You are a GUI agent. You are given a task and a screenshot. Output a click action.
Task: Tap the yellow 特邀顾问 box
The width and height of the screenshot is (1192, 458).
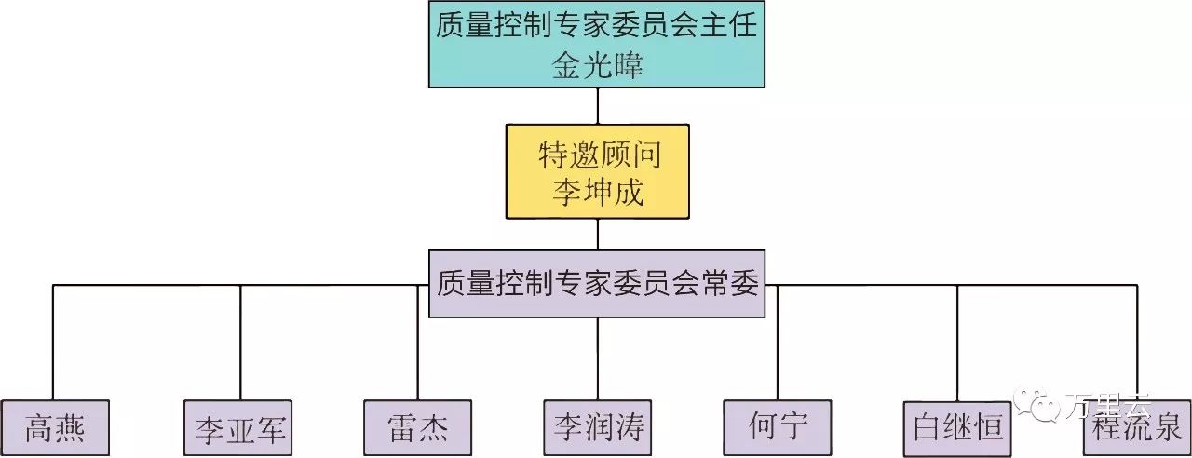(597, 172)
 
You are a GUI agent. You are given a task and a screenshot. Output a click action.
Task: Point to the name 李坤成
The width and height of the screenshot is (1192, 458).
(597, 194)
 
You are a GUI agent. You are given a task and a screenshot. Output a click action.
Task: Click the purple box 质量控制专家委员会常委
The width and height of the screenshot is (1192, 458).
(597, 283)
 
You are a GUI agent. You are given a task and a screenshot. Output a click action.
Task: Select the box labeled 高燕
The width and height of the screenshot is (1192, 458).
(56, 428)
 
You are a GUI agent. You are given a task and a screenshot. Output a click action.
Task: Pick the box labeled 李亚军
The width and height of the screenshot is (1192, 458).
(238, 429)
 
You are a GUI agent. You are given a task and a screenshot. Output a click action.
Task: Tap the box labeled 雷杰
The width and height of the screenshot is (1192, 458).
(417, 428)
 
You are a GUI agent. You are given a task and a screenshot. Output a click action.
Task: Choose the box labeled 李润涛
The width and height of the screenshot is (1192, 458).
(597, 429)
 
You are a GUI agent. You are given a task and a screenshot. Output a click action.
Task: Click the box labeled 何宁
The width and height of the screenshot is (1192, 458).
(778, 428)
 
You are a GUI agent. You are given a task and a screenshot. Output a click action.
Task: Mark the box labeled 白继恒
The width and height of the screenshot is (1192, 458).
(957, 429)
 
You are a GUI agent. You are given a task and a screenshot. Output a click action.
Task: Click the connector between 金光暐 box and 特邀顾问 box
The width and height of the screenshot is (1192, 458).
(597, 106)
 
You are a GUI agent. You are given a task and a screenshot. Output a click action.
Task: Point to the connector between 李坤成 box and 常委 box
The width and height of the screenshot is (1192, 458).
(597, 235)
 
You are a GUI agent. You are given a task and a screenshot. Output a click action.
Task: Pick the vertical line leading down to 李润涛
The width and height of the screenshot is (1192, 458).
(597, 358)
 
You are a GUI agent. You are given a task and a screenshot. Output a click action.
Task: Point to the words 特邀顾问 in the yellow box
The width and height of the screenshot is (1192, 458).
(597, 155)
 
